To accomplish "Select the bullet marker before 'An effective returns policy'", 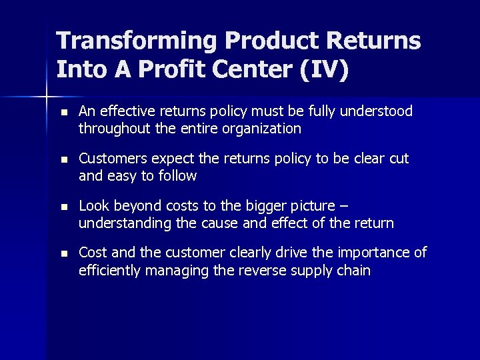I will [63, 112].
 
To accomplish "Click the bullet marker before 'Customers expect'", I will [63, 160].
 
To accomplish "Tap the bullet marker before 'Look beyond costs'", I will [63, 207].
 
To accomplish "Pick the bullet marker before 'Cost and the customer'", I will [63, 255].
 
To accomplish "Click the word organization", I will [264, 129].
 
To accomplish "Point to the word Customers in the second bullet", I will [109, 159].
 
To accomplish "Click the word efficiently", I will [110, 271].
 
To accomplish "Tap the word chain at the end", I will [353, 271].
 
